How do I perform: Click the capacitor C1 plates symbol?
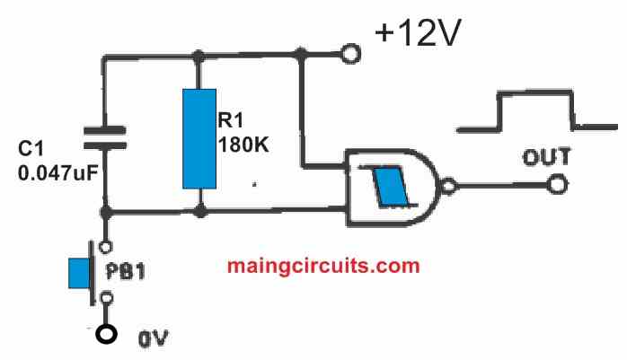[x=105, y=136]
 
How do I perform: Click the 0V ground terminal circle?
[x=107, y=335]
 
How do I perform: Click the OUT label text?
[x=546, y=159]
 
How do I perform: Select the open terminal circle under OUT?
[x=559, y=186]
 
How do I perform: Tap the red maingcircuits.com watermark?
[x=323, y=266]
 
